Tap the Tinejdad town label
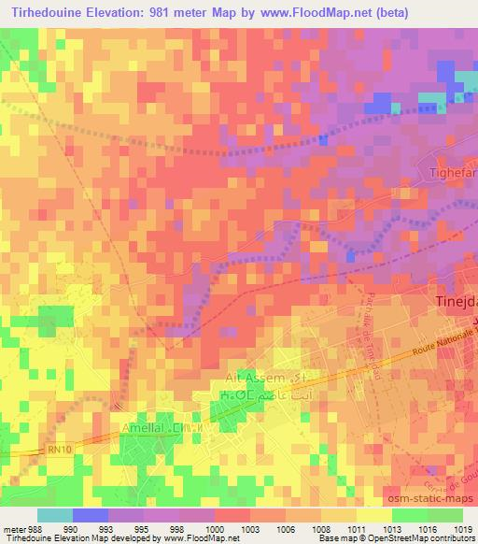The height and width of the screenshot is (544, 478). [x=457, y=302]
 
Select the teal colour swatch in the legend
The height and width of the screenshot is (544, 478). [x=54, y=515]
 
